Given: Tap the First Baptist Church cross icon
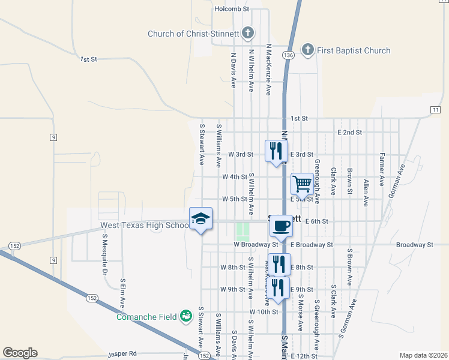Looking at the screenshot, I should [307, 50].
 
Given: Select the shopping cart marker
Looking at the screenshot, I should [301, 184].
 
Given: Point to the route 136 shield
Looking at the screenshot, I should [289, 55].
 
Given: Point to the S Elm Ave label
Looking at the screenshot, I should [122, 293].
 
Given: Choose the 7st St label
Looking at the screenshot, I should [88, 59].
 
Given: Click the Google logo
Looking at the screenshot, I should [20, 353].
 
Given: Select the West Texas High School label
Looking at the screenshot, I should [144, 226].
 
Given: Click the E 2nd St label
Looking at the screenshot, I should [350, 132].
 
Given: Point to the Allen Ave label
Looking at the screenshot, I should [365, 193].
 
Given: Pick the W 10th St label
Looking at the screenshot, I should [265, 312].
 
